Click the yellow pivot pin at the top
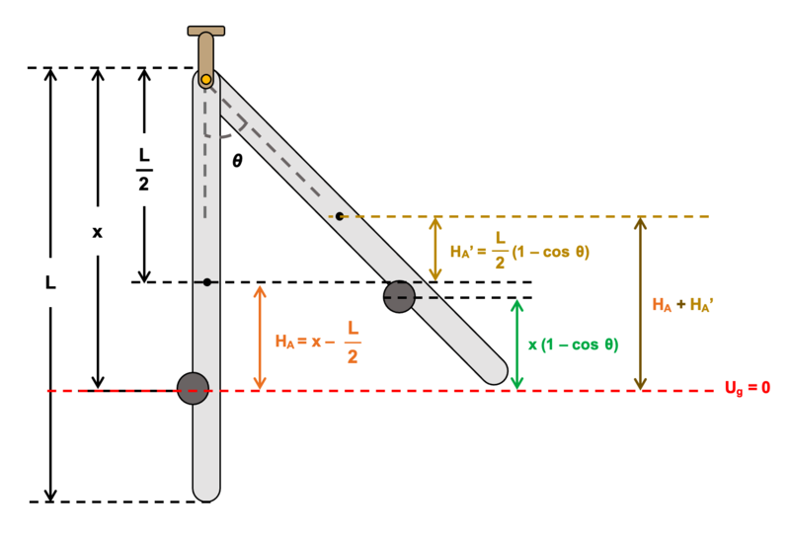(x=205, y=80)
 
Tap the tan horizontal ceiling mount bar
(x=206, y=31)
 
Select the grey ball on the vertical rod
(x=193, y=388)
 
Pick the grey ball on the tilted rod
(x=399, y=297)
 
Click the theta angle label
(x=237, y=161)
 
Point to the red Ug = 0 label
(x=748, y=388)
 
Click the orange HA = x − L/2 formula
(x=318, y=343)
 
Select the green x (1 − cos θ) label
(x=574, y=345)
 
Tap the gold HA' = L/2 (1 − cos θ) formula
(x=519, y=251)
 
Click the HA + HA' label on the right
(x=682, y=305)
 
